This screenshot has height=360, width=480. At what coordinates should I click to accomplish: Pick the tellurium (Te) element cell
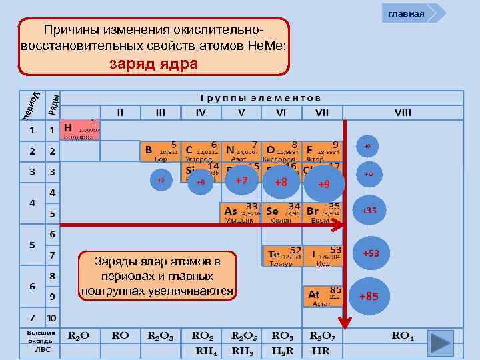(x=283, y=255)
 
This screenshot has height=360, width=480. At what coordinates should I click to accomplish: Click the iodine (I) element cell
(x=324, y=255)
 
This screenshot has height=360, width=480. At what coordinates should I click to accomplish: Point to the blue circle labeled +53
(x=370, y=255)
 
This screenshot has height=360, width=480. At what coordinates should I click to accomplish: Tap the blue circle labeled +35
(x=369, y=211)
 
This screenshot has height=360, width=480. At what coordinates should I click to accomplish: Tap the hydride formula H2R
(x=283, y=350)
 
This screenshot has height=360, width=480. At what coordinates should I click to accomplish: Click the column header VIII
(x=403, y=113)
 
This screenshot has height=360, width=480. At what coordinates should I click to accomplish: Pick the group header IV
(x=201, y=113)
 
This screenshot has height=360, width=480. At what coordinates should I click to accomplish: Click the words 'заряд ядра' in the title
(x=154, y=63)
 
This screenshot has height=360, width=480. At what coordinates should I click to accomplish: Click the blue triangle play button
(x=442, y=341)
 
